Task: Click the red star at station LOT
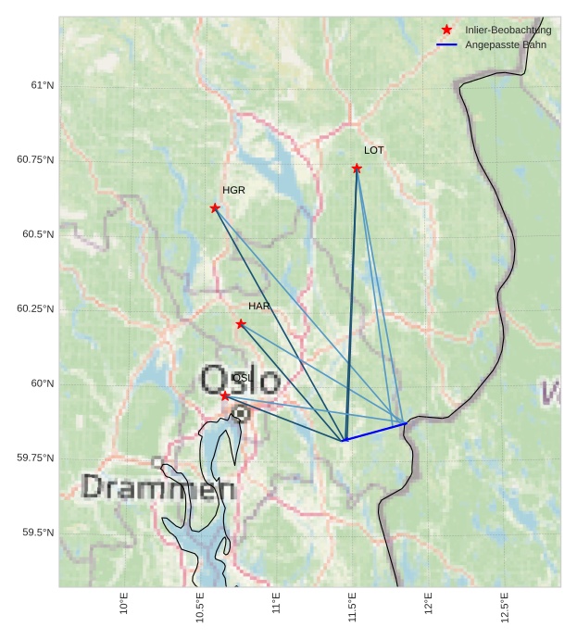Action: click(357, 168)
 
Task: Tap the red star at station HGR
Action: click(215, 207)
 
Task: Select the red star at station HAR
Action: click(241, 323)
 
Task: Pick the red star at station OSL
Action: click(225, 395)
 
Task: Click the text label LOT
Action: click(373, 150)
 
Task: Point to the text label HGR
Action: click(233, 190)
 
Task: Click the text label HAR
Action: click(258, 306)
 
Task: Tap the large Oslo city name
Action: click(240, 380)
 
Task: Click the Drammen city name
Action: click(158, 487)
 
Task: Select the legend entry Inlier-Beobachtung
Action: click(508, 30)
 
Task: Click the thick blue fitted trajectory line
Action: click(375, 432)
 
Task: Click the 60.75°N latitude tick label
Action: click(35, 159)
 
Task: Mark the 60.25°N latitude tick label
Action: click(35, 308)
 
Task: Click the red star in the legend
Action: click(446, 30)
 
